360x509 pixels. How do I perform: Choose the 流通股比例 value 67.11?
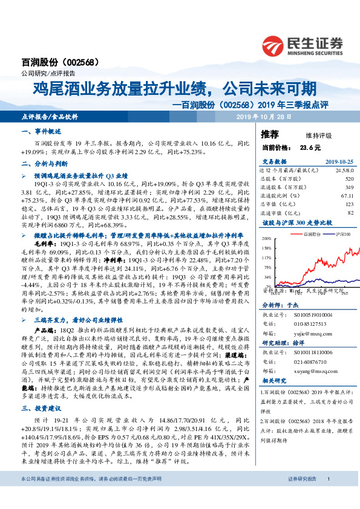[x=346, y=195]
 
